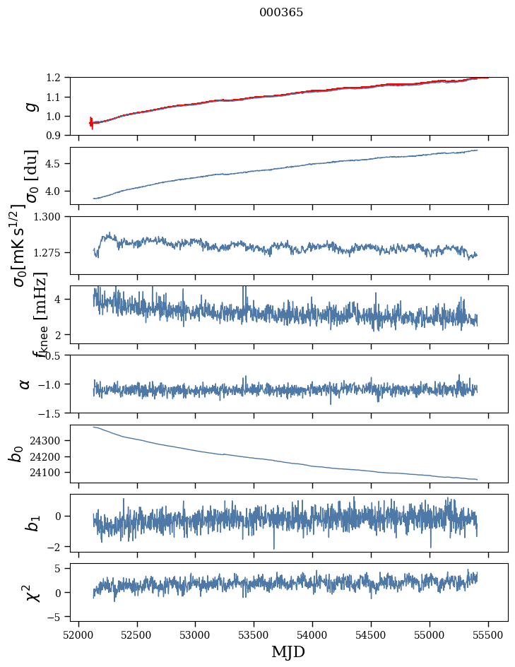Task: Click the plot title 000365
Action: click(281, 13)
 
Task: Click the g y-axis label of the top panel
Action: click(30, 106)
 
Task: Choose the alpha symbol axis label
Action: click(25, 384)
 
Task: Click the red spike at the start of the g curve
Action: click(91, 122)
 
